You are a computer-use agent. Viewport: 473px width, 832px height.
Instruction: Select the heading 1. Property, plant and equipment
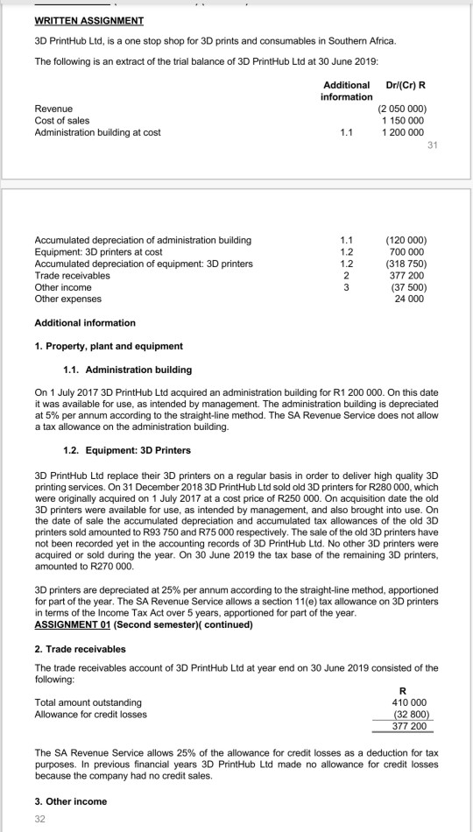pos(95,346)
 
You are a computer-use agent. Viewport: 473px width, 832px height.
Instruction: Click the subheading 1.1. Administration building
pos(128,370)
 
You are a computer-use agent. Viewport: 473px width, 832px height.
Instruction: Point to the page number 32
pos(39,819)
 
